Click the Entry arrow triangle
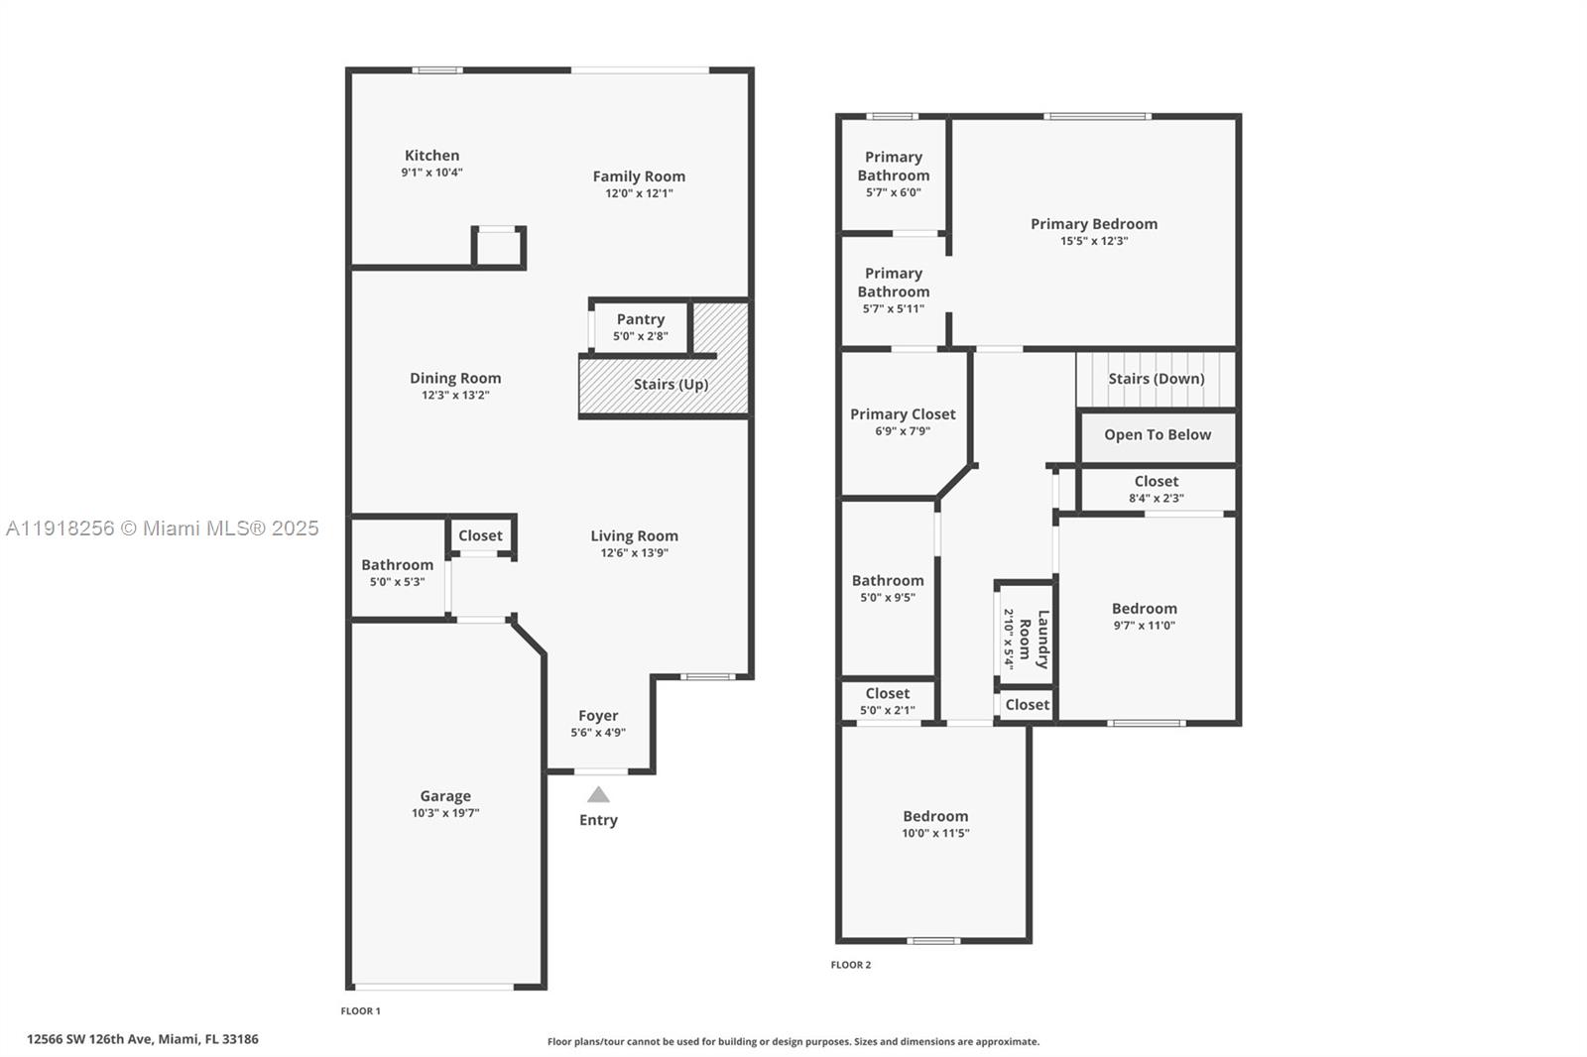pyautogui.click(x=598, y=794)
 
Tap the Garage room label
pyautogui.click(x=445, y=795)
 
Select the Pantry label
pyautogui.click(x=640, y=319)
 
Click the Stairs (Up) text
pyautogui.click(x=671, y=384)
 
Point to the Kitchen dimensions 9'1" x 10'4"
pyautogui.click(x=431, y=173)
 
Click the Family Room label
pyautogui.click(x=639, y=176)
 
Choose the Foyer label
pyautogui.click(x=598, y=715)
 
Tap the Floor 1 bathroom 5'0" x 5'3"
pyautogui.click(x=397, y=572)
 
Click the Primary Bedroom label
pyautogui.click(x=1093, y=224)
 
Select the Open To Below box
pyautogui.click(x=1158, y=435)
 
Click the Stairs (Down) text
pyautogui.click(x=1156, y=379)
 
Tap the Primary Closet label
pyautogui.click(x=903, y=414)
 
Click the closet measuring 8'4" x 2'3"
pyautogui.click(x=1157, y=489)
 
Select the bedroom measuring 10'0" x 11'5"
pyautogui.click(x=935, y=824)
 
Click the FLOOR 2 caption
pyautogui.click(x=851, y=965)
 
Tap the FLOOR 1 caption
pyautogui.click(x=360, y=1011)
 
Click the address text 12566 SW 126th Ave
pyautogui.click(x=143, y=1039)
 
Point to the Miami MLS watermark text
pyautogui.click(x=162, y=528)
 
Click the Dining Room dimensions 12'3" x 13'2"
pyautogui.click(x=455, y=395)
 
